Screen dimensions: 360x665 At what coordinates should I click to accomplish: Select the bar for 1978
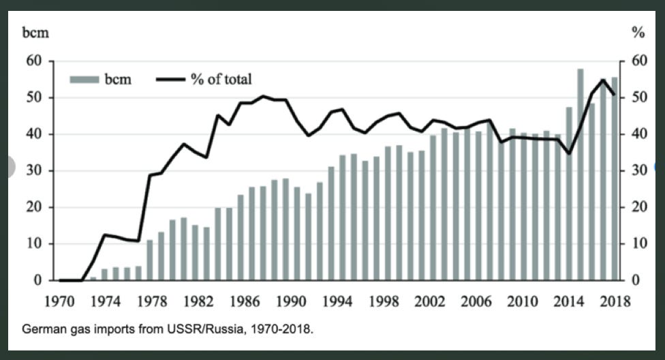(150, 260)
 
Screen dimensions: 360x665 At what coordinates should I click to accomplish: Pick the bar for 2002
(433, 208)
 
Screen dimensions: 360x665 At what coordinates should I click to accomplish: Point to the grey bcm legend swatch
(83, 80)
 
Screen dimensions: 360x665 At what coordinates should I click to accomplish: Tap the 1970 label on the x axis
(60, 300)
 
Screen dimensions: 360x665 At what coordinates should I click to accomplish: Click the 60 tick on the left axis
(36, 61)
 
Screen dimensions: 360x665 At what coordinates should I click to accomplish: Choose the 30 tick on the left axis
(36, 170)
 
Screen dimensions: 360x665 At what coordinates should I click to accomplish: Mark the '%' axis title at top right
(638, 31)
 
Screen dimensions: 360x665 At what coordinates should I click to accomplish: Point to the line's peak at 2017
(602, 80)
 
